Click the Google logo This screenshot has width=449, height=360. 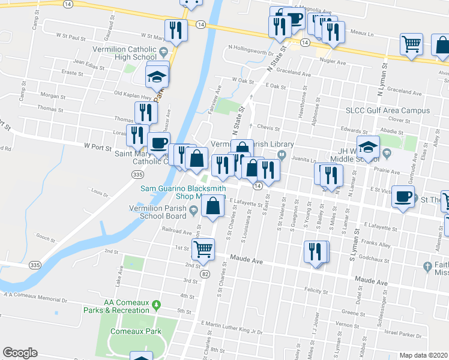pos(20,353)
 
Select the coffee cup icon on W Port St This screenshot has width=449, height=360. pos(158,143)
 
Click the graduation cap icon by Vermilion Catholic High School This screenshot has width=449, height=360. pos(157,77)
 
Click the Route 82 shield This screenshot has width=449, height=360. pos(205,274)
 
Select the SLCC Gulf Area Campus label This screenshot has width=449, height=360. pos(387,111)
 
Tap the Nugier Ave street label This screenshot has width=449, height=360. pos(334,62)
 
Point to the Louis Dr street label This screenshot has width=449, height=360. pos(98,193)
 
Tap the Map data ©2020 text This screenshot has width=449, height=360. pos(423,355)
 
